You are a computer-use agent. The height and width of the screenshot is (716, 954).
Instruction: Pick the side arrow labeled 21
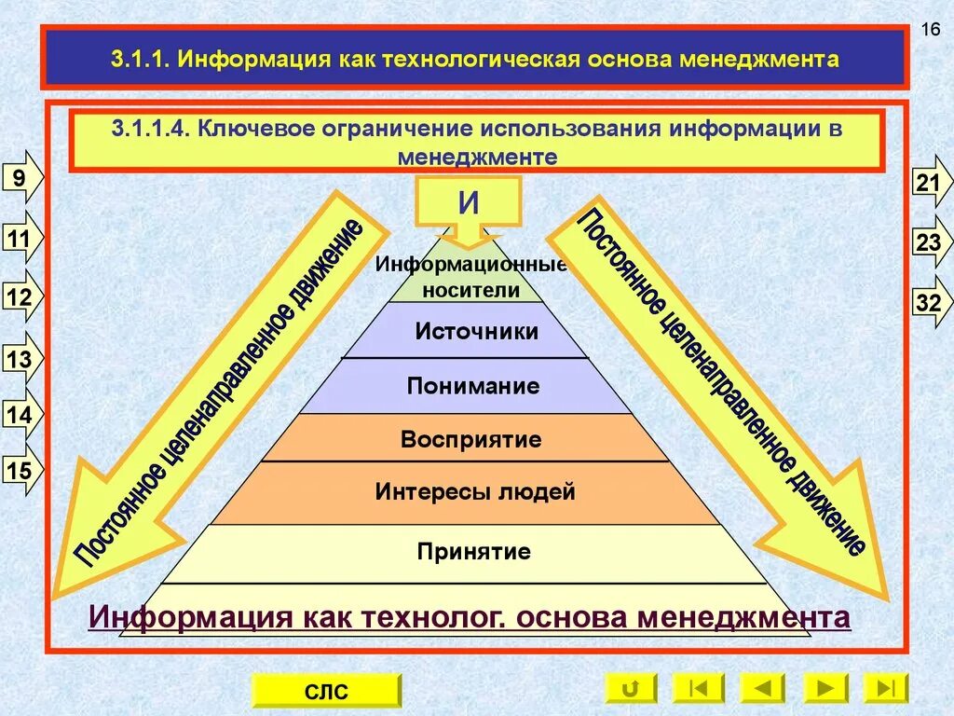point(930,183)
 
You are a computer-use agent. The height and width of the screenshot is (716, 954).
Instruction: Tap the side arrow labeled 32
point(930,303)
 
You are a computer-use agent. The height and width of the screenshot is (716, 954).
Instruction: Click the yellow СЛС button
point(326,691)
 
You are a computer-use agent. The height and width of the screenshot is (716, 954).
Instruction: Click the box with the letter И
point(469,204)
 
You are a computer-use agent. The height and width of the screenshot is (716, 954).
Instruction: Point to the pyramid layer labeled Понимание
point(472,386)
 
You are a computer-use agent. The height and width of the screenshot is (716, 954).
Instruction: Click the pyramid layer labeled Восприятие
point(470,439)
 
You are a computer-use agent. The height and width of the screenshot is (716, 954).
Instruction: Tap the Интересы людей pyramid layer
point(475,492)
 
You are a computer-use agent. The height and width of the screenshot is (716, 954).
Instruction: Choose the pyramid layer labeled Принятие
point(474,552)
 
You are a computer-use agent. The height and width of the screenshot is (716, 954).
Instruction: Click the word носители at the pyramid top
point(470,289)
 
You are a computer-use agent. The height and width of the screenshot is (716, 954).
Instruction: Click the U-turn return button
point(630,689)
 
